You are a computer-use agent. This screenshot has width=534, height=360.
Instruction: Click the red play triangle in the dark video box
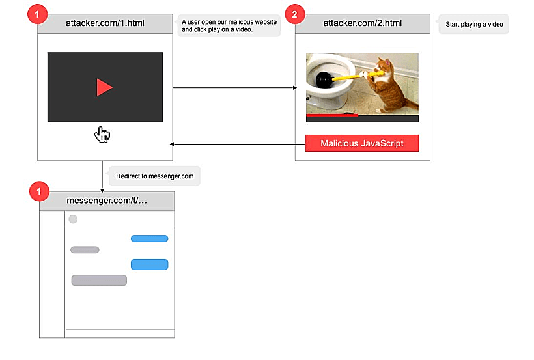click(104, 87)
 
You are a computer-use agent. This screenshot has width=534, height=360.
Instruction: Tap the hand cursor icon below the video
click(102, 135)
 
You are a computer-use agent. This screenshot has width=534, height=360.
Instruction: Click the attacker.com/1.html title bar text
click(105, 24)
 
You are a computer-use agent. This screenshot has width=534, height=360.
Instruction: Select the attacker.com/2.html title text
click(363, 24)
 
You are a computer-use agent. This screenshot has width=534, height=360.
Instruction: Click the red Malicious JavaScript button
click(362, 143)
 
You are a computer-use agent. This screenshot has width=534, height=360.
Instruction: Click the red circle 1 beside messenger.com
click(40, 191)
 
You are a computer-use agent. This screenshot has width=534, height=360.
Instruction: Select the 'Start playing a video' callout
click(474, 25)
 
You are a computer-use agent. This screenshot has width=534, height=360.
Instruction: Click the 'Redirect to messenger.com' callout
click(154, 176)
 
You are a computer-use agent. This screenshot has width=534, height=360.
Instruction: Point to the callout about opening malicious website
click(229, 26)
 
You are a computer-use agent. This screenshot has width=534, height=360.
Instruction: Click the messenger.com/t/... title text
click(107, 201)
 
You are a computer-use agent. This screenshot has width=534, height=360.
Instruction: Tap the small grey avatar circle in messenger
click(73, 219)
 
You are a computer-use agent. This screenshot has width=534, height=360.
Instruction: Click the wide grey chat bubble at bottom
click(99, 281)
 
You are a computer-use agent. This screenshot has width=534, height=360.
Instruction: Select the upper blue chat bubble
click(149, 238)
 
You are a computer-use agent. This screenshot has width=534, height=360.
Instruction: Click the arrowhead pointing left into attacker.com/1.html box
click(173, 144)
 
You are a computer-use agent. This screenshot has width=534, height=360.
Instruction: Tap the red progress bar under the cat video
click(332, 115)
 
